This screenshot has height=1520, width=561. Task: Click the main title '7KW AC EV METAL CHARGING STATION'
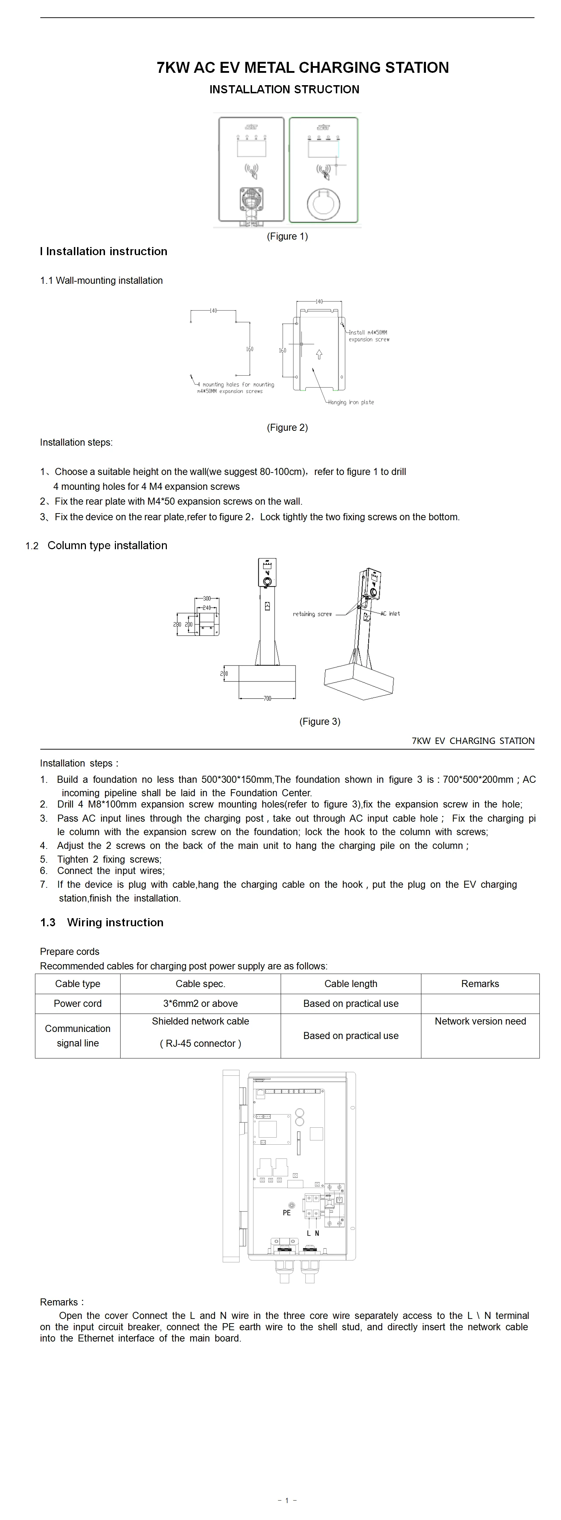click(x=303, y=68)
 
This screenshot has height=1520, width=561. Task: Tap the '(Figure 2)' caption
click(x=287, y=427)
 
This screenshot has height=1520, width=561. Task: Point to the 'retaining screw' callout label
click(x=312, y=614)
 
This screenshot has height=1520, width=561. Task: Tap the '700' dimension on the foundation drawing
click(x=267, y=699)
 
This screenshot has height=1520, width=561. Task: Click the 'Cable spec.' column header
click(x=200, y=984)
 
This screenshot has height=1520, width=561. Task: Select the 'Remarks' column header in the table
click(x=480, y=984)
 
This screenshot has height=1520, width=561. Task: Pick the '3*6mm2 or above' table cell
click(x=200, y=1003)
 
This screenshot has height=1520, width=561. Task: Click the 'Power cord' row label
click(x=77, y=1003)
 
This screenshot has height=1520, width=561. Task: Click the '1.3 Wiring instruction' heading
click(x=102, y=922)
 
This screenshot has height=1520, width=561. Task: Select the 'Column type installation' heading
click(x=107, y=545)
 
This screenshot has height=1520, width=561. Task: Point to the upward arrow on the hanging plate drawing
click(x=319, y=354)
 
